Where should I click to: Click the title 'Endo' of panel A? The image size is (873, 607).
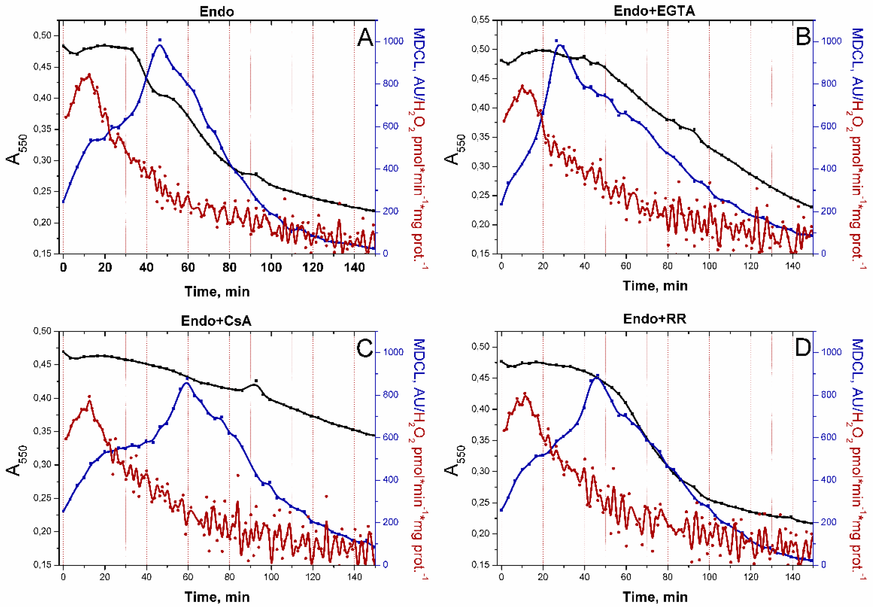click(x=217, y=11)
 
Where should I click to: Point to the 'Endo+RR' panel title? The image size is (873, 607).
click(x=655, y=319)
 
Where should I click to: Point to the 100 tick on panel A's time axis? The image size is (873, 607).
click(x=271, y=267)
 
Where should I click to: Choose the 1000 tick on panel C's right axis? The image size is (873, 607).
click(x=393, y=352)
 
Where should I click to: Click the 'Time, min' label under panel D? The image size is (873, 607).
click(x=655, y=597)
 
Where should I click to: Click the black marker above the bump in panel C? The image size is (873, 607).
click(x=256, y=380)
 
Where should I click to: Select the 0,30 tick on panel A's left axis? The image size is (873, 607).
click(x=43, y=160)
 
